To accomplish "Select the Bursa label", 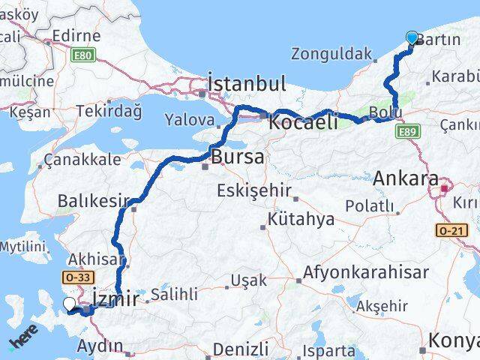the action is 237,157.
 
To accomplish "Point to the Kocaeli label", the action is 304,124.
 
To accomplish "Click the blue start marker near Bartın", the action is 412,39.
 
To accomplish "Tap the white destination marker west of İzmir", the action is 69,304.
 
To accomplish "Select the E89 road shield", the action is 406,132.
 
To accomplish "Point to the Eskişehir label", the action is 253,190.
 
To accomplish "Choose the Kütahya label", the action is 302,219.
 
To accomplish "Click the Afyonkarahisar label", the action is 367,272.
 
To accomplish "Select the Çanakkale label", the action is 82,159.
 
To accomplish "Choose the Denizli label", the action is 240,349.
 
